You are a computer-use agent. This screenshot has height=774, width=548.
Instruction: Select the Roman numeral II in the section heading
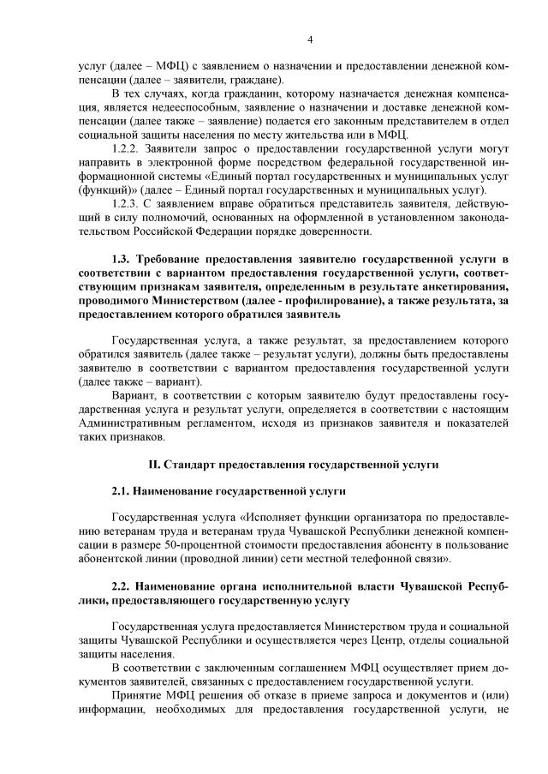pos(153,465)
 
